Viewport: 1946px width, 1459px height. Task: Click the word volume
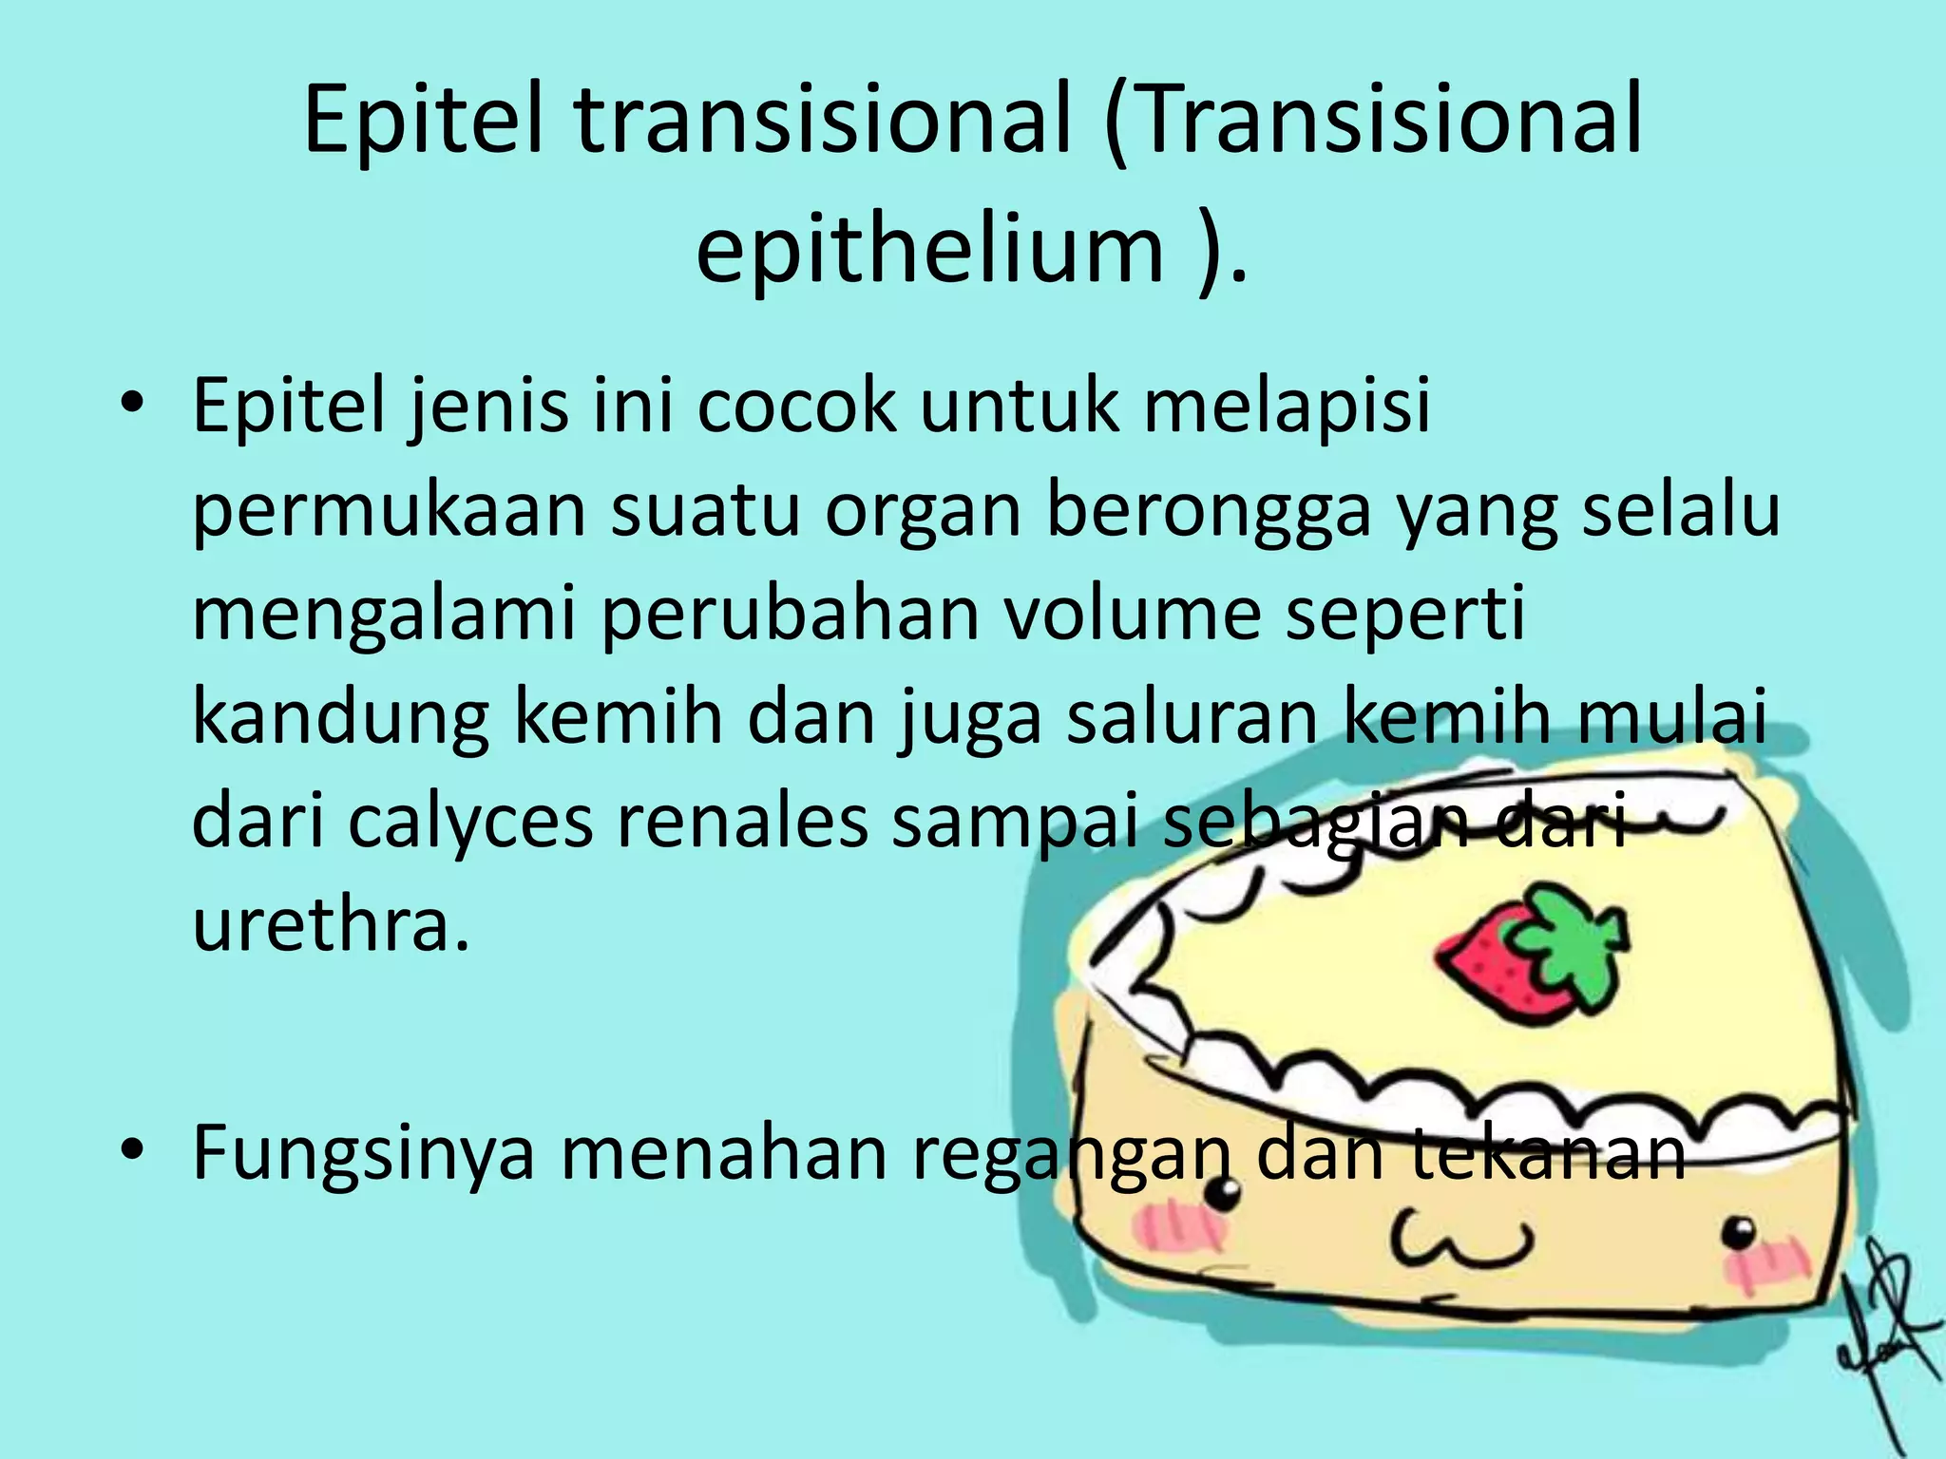1132,614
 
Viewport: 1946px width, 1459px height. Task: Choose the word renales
742,821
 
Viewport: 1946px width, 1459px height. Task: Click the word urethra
330,924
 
